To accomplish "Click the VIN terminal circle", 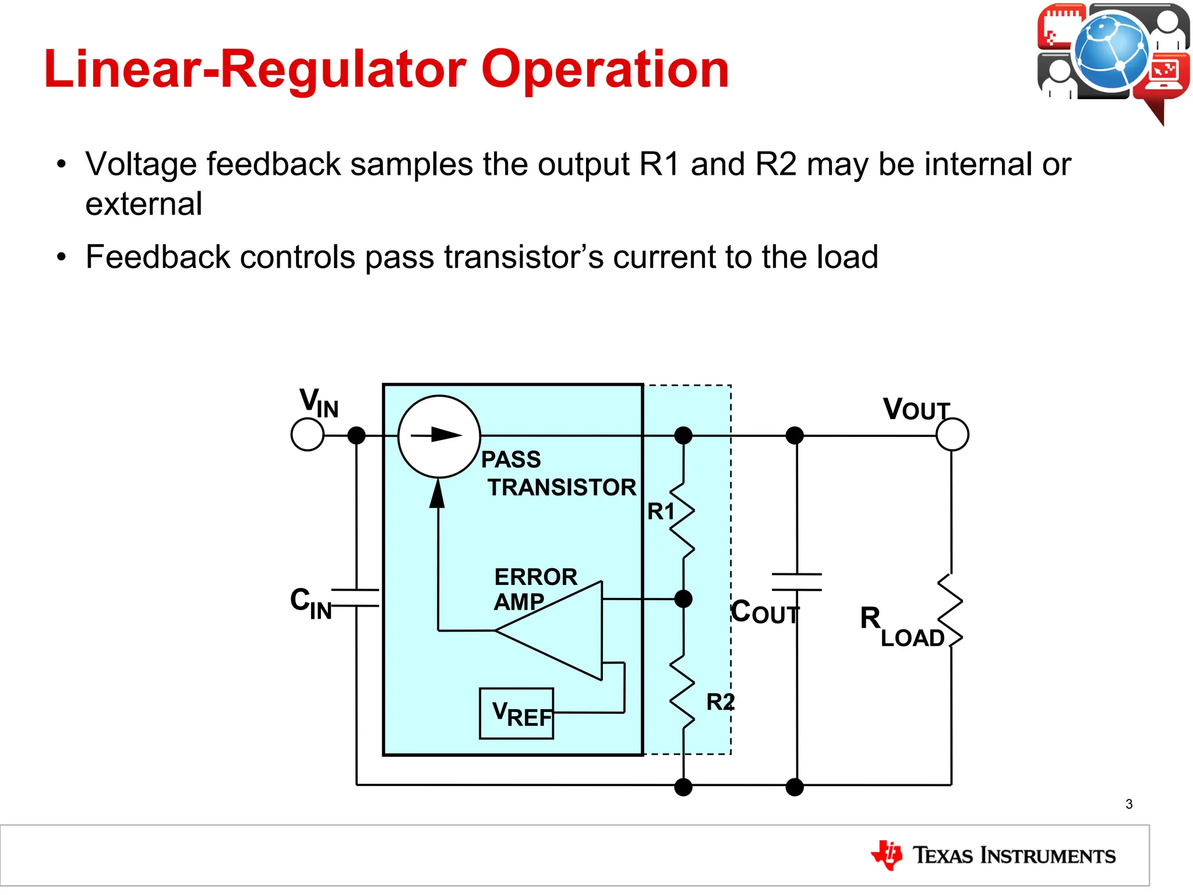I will click(307, 435).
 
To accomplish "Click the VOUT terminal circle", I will click(952, 434).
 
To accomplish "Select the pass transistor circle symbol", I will click(439, 436).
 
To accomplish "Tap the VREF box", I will click(516, 714).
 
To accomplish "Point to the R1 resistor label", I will click(661, 512).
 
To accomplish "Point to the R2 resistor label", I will click(720, 702).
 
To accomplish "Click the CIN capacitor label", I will click(310, 604).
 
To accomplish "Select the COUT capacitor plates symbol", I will click(796, 582).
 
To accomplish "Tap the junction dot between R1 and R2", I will click(683, 598).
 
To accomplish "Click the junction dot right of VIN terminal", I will click(356, 435).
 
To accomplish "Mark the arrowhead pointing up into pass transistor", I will click(437, 494).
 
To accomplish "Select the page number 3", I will click(1129, 804).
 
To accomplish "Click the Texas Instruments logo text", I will click(1014, 855).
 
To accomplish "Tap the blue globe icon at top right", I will click(1111, 51).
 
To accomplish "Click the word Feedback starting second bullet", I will click(158, 257).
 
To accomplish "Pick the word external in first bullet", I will click(144, 204).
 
